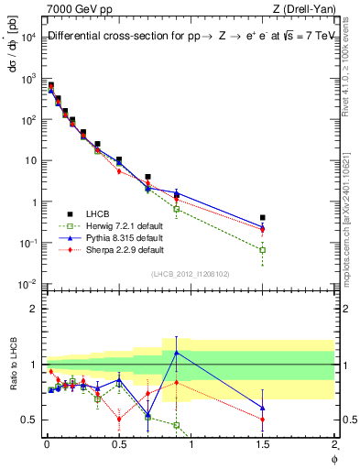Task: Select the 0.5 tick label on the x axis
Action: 118,446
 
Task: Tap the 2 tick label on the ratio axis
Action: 32,309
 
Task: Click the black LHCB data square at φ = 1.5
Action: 263,218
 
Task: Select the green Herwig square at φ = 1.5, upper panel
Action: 263,249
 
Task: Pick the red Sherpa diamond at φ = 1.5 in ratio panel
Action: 263,420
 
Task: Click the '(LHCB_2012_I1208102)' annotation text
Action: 190,273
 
